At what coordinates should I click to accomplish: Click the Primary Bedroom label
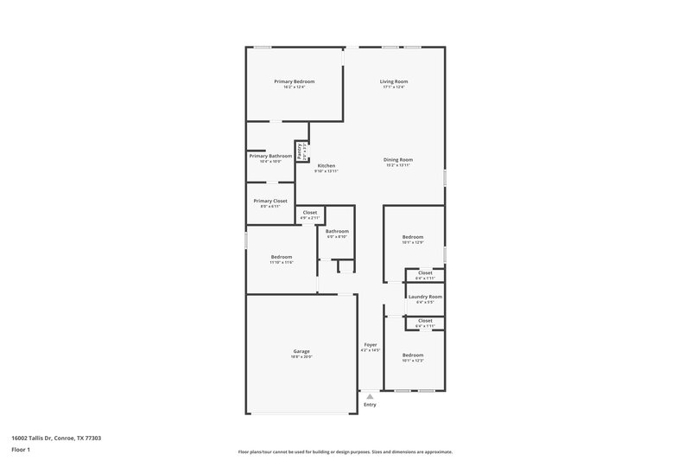pyautogui.click(x=294, y=81)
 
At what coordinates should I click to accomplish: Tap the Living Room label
pyautogui.click(x=393, y=81)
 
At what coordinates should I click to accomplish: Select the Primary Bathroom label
pyautogui.click(x=270, y=156)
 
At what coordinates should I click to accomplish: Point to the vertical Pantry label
pyautogui.click(x=300, y=150)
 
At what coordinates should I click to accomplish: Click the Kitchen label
pyautogui.click(x=326, y=165)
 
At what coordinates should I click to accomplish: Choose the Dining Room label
pyautogui.click(x=398, y=159)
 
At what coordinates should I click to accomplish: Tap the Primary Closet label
pyautogui.click(x=270, y=201)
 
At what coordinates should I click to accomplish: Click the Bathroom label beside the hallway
pyautogui.click(x=337, y=231)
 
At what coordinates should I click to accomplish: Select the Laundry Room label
pyautogui.click(x=425, y=297)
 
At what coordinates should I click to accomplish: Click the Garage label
pyautogui.click(x=301, y=351)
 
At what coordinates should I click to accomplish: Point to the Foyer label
pyautogui.click(x=370, y=345)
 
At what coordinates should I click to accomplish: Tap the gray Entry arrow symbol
pyautogui.click(x=370, y=396)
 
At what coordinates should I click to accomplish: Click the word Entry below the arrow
pyautogui.click(x=370, y=405)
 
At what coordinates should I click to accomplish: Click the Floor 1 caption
pyautogui.click(x=20, y=450)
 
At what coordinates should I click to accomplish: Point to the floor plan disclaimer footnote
pyautogui.click(x=345, y=451)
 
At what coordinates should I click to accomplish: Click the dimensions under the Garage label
pyautogui.click(x=301, y=356)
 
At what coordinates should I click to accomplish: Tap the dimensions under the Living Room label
pyautogui.click(x=393, y=86)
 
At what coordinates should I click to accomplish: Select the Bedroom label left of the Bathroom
pyautogui.click(x=282, y=257)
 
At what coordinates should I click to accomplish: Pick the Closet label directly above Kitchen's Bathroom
pyautogui.click(x=309, y=212)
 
